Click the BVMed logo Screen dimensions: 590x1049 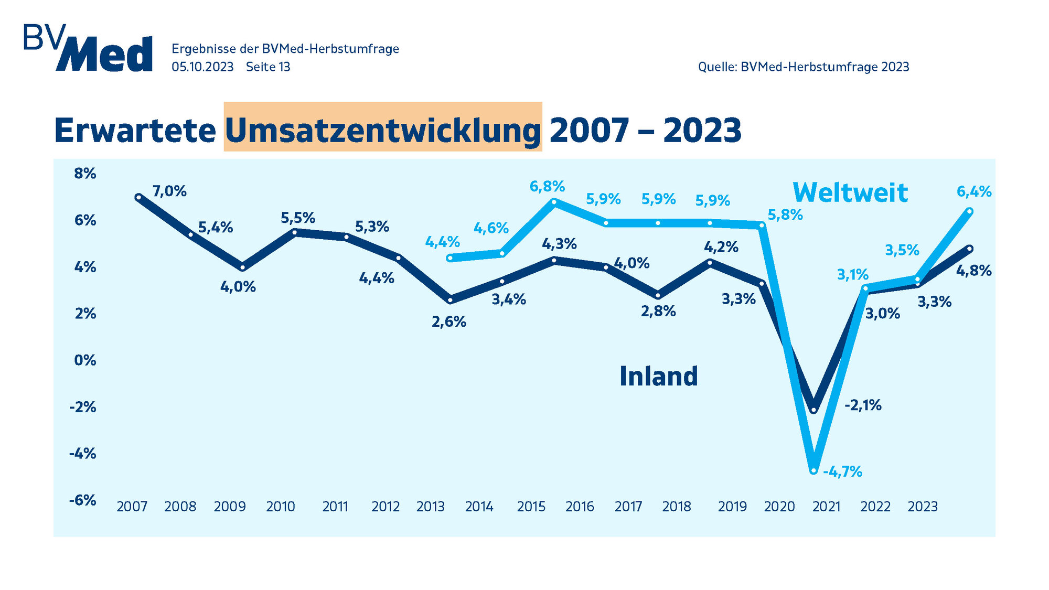coord(88,48)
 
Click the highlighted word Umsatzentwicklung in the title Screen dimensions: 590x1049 coord(383,130)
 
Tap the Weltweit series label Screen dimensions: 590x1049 coord(850,192)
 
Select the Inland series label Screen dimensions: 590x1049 coord(658,376)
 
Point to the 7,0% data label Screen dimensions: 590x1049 coord(169,191)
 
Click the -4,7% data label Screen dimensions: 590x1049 coord(842,472)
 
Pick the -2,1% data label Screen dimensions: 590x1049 coord(863,405)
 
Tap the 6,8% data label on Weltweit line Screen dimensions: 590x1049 coord(547,187)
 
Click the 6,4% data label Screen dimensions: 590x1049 coord(974,192)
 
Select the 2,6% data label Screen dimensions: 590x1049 coord(449,322)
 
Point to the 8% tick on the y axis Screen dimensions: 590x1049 coord(85,174)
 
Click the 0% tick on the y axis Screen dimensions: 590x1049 coord(85,360)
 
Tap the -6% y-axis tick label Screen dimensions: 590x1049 coord(83,500)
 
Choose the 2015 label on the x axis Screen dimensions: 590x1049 coord(531,507)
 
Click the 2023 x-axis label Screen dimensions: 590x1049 coord(923,507)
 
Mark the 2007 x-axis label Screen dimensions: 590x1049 coord(132,507)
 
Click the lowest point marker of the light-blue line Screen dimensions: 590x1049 coord(813,470)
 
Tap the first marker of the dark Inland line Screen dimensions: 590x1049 coord(138,197)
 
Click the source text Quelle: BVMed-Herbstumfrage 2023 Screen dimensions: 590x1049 coord(803,67)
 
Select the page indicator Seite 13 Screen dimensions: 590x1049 coord(267,67)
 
